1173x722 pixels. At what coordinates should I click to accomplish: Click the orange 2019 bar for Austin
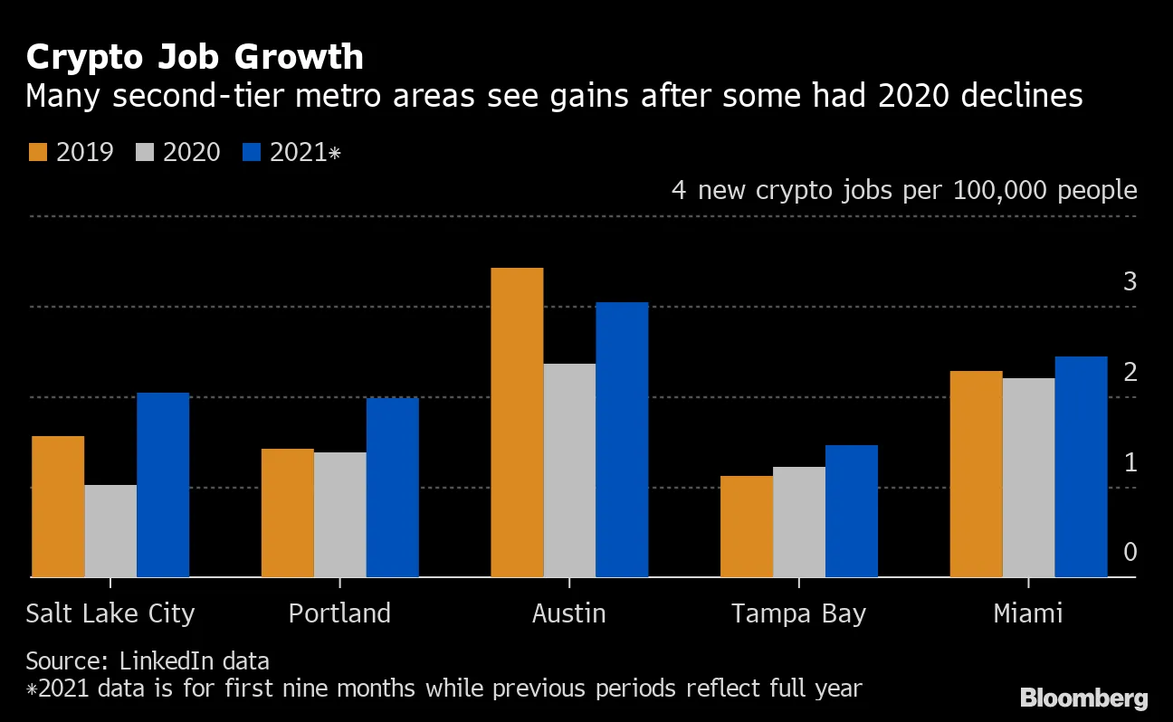pyautogui.click(x=517, y=422)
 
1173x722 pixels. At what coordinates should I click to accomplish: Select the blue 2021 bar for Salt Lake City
pyautogui.click(x=163, y=484)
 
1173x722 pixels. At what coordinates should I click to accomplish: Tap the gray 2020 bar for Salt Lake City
pyautogui.click(x=110, y=530)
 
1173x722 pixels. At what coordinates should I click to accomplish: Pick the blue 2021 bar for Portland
pyautogui.click(x=393, y=487)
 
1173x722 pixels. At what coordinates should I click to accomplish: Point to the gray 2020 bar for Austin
pyautogui.click(x=569, y=470)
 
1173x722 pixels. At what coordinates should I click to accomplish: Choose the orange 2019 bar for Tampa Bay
pyautogui.click(x=747, y=526)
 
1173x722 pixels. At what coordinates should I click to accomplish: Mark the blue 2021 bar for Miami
pyautogui.click(x=1082, y=466)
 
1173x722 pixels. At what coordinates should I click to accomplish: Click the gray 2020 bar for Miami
pyautogui.click(x=1029, y=477)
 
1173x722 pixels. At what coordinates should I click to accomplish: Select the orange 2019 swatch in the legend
pyautogui.click(x=37, y=152)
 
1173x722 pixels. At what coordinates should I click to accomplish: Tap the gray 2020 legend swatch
pyautogui.click(x=144, y=152)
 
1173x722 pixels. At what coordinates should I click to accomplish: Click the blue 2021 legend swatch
pyautogui.click(x=251, y=152)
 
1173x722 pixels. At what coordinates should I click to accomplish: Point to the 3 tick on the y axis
pyautogui.click(x=1130, y=281)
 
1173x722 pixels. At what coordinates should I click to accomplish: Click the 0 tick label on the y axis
pyautogui.click(x=1130, y=552)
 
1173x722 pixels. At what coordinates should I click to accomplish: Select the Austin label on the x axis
pyautogui.click(x=568, y=613)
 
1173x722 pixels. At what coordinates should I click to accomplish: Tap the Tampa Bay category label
pyautogui.click(x=798, y=613)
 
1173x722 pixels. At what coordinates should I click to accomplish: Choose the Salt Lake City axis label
pyautogui.click(x=110, y=613)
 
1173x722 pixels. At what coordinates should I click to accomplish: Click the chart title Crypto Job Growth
pyautogui.click(x=195, y=57)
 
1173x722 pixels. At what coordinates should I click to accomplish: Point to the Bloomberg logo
pyautogui.click(x=1083, y=698)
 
